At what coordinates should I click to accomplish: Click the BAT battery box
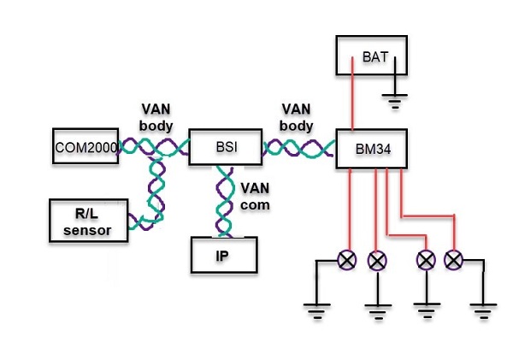pos(370,56)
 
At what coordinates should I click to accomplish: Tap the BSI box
pos(226,147)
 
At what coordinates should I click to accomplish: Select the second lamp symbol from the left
pos(376,258)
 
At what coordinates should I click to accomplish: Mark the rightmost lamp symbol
pos(453,258)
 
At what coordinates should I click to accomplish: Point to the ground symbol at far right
pos(484,309)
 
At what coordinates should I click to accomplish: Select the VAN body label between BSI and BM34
pos(298,116)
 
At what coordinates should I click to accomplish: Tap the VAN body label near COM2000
pos(156,116)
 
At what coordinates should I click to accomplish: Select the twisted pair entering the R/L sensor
pos(154,197)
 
